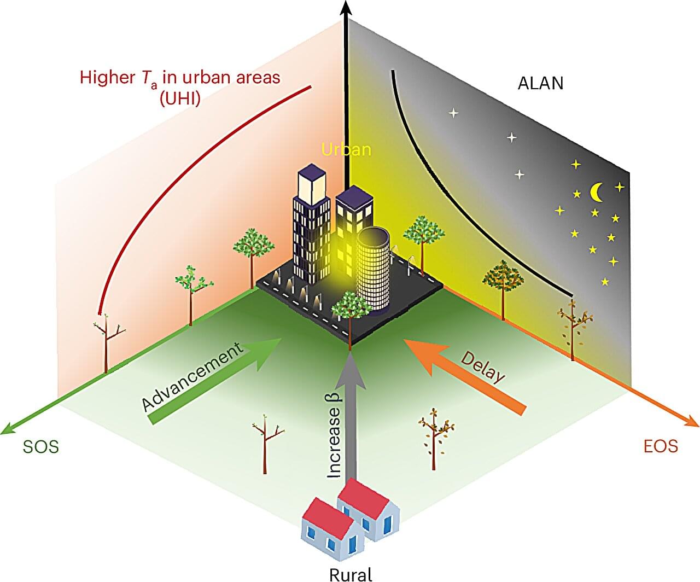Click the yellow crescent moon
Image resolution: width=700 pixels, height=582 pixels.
pyautogui.click(x=596, y=193)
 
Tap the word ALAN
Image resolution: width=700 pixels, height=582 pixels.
pyautogui.click(x=540, y=83)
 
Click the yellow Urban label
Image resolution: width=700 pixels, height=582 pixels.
pyautogui.click(x=346, y=149)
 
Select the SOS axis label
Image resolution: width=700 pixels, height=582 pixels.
pyautogui.click(x=41, y=446)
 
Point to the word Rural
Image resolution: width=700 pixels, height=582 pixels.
pyautogui.click(x=351, y=574)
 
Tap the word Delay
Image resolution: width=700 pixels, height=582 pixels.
pyautogui.click(x=483, y=367)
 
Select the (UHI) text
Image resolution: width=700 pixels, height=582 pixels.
pyautogui.click(x=180, y=99)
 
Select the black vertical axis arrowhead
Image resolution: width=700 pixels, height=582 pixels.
pyautogui.click(x=346, y=7)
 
